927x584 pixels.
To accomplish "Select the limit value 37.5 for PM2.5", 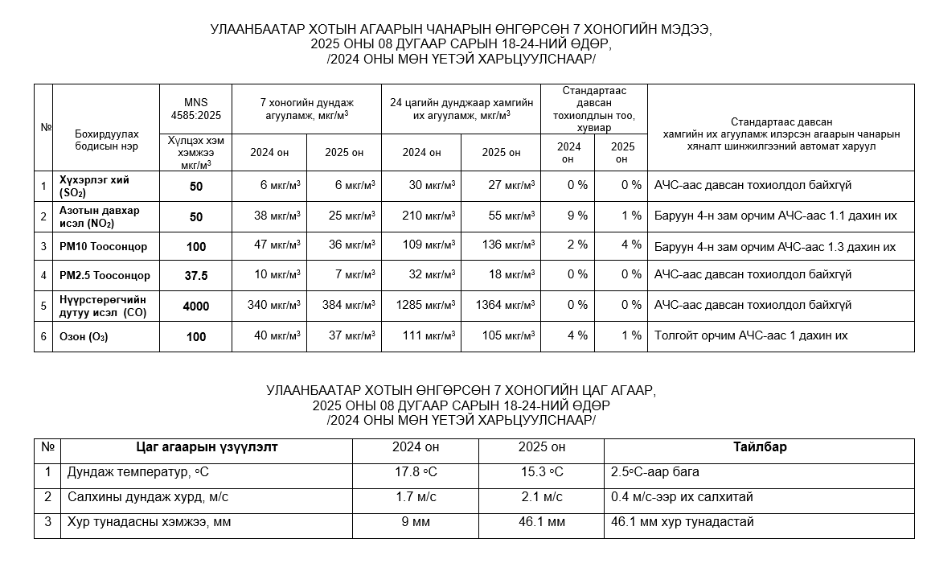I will click(x=195, y=276).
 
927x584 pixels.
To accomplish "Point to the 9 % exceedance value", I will click(x=576, y=216).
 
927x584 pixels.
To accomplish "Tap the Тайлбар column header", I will click(x=759, y=447).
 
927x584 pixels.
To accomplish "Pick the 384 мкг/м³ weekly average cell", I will click(x=351, y=306).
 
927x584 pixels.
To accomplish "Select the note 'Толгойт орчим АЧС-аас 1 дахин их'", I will click(x=751, y=335).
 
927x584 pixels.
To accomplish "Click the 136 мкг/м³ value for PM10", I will click(x=503, y=246).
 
